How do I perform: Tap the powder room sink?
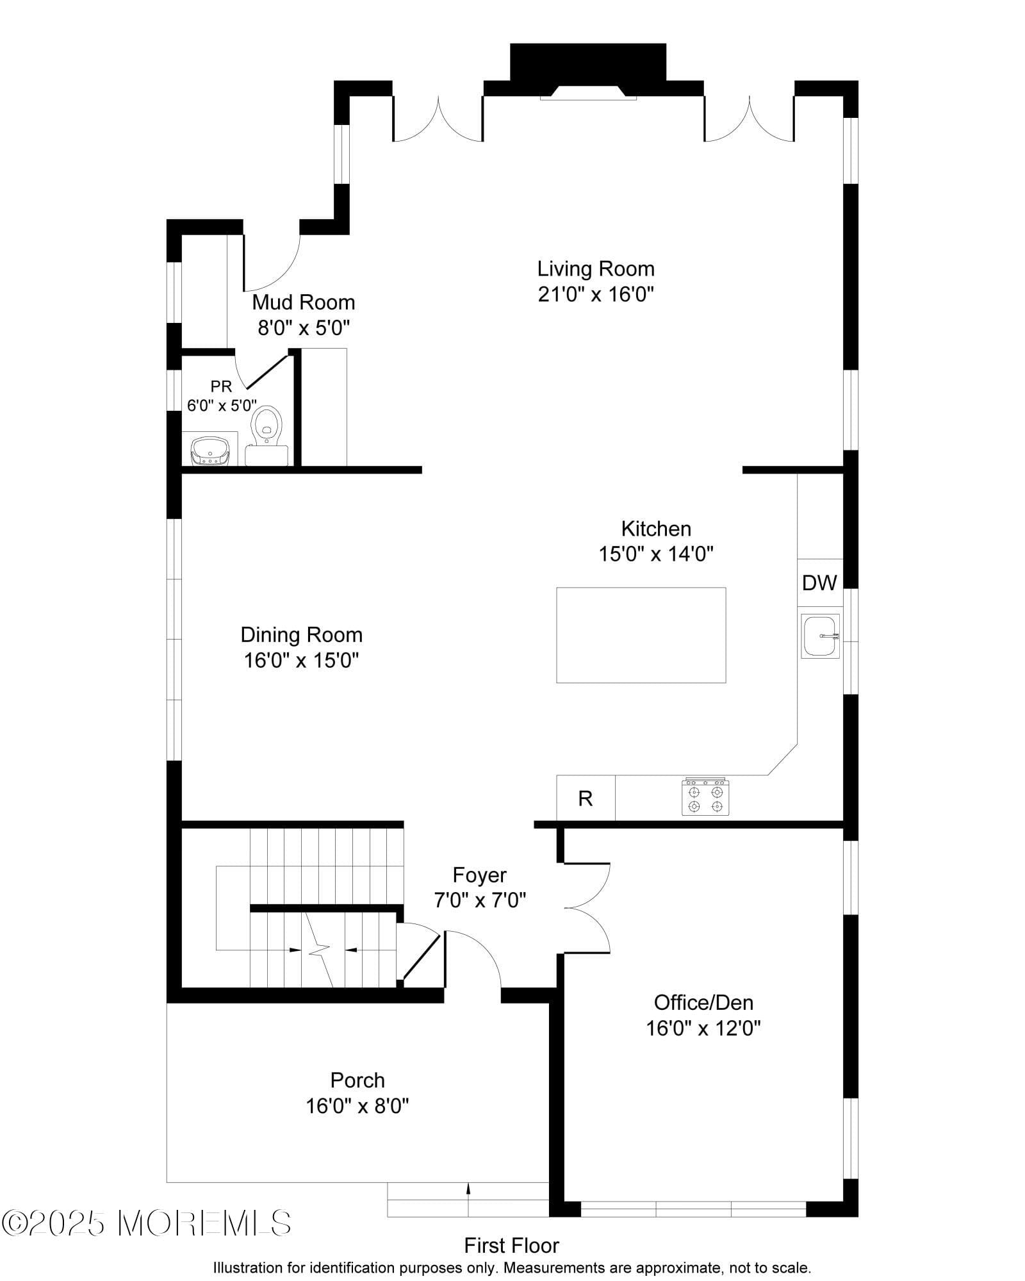[209, 451]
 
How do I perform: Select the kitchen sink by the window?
[820, 636]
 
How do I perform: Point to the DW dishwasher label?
[819, 583]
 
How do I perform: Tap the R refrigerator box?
[586, 798]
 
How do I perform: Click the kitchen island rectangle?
[641, 634]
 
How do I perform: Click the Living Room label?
[596, 269]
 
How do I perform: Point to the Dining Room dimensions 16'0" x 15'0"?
[301, 660]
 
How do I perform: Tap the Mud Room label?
[303, 302]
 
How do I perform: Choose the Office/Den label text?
[703, 1002]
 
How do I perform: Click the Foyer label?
[479, 875]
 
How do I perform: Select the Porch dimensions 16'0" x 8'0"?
[357, 1106]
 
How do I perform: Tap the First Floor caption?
[511, 1246]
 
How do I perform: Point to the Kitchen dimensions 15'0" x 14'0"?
[656, 554]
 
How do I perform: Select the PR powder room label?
[221, 386]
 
